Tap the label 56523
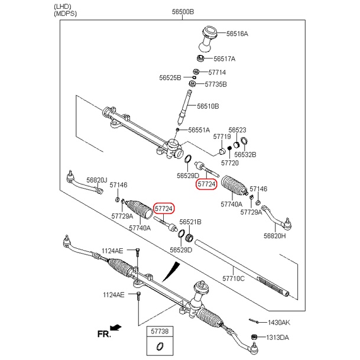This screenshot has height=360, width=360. (x=238, y=129)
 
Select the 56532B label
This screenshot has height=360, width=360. (x=245, y=155)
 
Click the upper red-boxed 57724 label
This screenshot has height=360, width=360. (x=207, y=184)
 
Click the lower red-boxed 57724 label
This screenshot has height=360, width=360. (x=164, y=209)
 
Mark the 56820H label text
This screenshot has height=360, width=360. (x=274, y=236)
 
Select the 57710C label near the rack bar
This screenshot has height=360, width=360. (x=233, y=277)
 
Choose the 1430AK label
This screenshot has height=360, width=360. (x=279, y=322)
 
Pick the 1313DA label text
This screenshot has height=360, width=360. (x=278, y=338)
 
